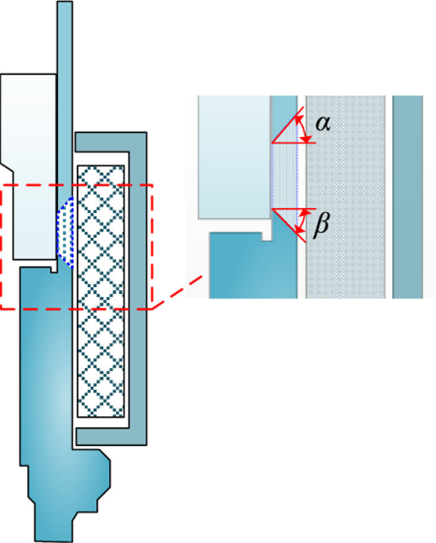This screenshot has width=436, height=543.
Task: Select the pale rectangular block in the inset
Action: [x=234, y=156]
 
